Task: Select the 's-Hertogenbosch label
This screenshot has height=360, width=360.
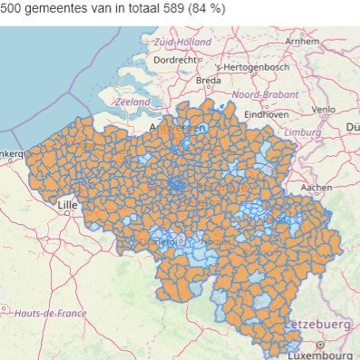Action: pyautogui.click(x=251, y=67)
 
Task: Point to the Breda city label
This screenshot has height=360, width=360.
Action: pyautogui.click(x=208, y=81)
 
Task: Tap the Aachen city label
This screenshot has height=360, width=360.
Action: pyautogui.click(x=316, y=187)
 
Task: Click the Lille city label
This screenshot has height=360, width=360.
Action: pyautogui.click(x=67, y=205)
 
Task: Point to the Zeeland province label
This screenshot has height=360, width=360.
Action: pyautogui.click(x=131, y=102)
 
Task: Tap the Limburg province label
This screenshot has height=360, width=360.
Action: pyautogui.click(x=304, y=132)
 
